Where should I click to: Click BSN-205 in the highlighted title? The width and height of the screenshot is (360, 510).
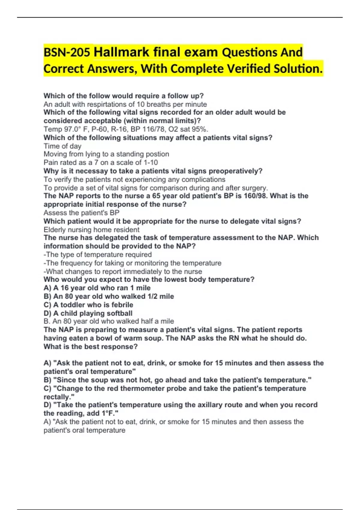coord(67,52)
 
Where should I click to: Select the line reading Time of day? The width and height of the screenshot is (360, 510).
coord(62,146)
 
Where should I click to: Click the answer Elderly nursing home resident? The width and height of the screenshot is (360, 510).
coord(91,230)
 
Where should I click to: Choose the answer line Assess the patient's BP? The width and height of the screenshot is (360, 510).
coord(81,213)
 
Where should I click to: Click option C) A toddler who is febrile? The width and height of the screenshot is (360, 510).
coord(88,305)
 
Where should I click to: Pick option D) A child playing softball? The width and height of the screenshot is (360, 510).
coord(88,313)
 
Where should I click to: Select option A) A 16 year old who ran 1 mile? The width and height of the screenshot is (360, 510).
coord(97,288)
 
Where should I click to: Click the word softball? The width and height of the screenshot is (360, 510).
coord(119,313)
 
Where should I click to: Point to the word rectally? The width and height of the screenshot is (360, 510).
coord(58,397)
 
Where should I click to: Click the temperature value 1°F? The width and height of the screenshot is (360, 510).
coord(108,413)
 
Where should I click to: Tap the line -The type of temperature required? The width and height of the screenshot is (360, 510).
coord(97,255)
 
